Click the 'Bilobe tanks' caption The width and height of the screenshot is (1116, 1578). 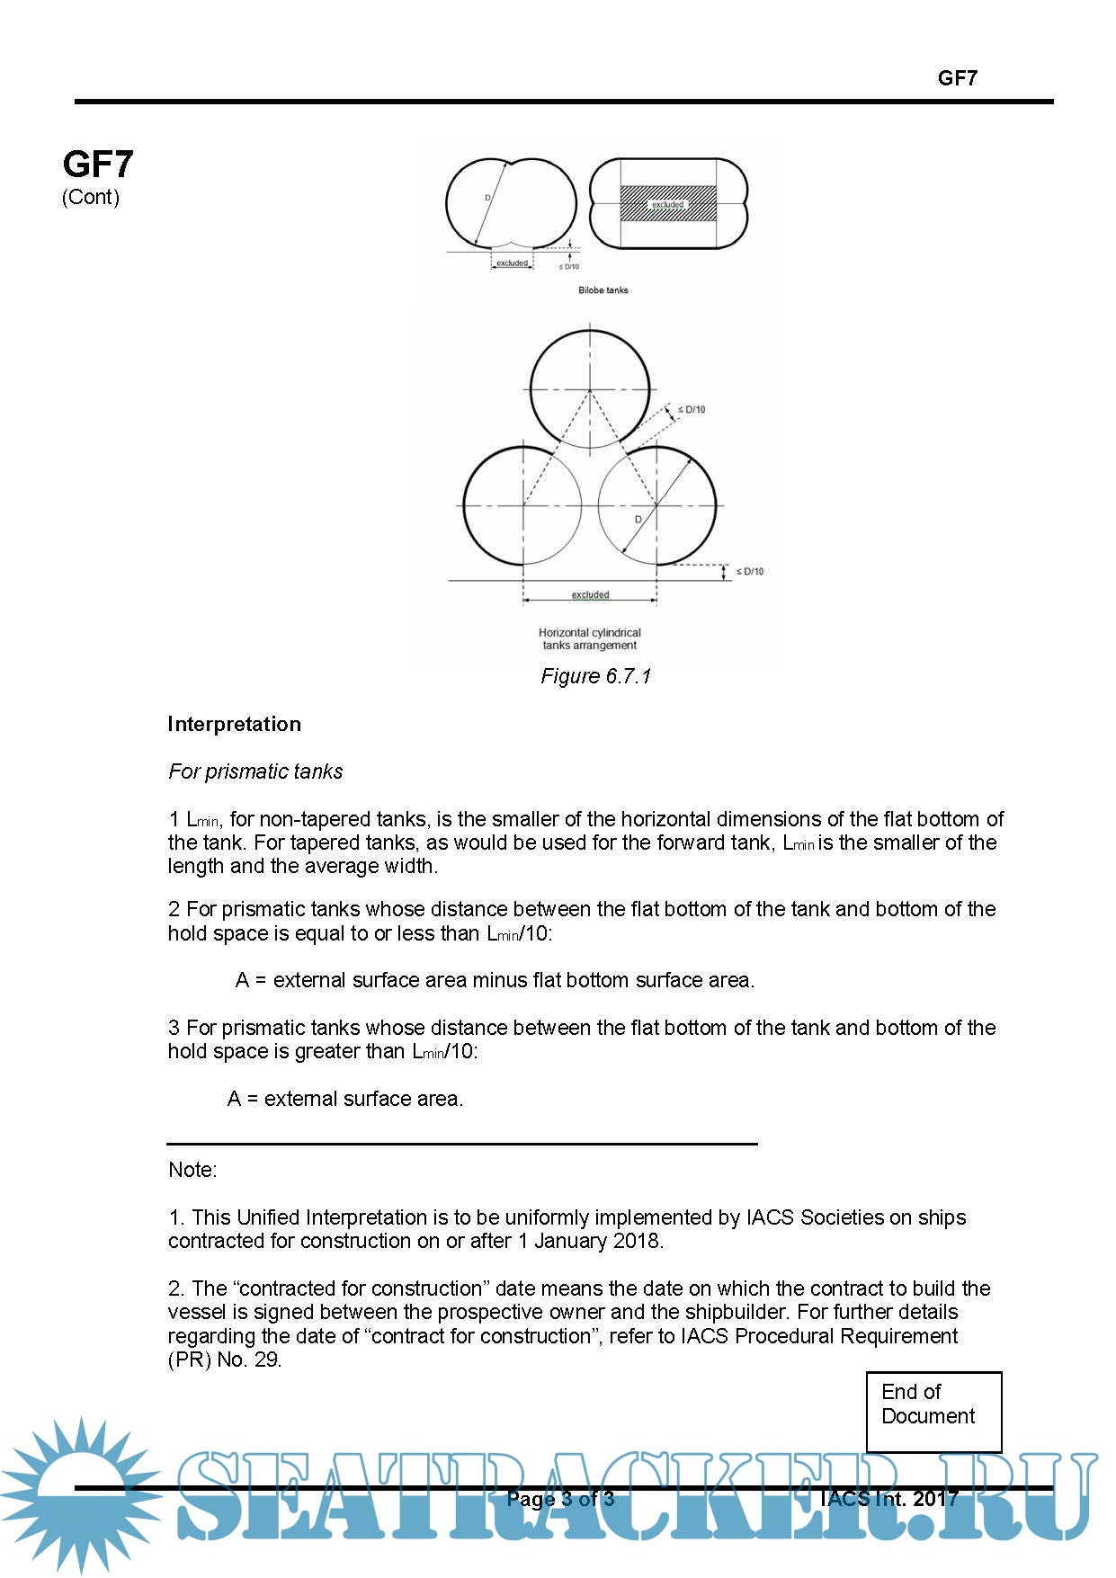pos(603,290)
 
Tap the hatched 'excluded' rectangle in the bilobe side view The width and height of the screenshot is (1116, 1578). pos(667,204)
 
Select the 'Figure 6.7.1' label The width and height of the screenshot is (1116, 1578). pos(595,676)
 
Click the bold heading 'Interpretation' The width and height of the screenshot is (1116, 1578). pos(234,724)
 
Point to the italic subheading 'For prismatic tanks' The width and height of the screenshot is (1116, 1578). pos(255,771)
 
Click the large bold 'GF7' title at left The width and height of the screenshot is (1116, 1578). pos(98,164)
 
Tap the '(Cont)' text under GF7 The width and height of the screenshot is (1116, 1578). pos(90,197)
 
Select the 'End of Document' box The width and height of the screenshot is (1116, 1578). pos(933,1411)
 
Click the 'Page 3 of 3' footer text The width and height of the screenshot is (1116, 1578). pos(560,1498)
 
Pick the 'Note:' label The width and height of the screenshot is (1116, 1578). pos(192,1170)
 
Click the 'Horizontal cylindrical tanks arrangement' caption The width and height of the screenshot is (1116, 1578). pos(590,638)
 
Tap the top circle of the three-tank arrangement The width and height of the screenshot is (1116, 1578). pos(590,389)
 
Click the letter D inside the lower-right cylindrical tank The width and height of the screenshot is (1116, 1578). pos(638,520)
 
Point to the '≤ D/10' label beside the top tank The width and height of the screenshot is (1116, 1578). pos(691,410)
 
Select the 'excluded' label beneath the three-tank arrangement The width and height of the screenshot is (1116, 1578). pos(590,594)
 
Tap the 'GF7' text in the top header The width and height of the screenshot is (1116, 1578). pos(957,78)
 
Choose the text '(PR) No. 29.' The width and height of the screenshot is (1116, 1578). pos(225,1360)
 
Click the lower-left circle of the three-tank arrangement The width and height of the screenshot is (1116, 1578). pos(522,505)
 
